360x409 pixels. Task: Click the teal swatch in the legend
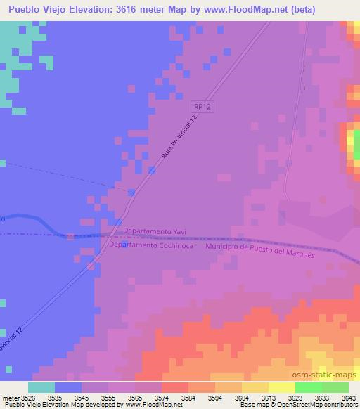tap(41, 387)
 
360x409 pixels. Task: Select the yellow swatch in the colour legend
tap(281, 387)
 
